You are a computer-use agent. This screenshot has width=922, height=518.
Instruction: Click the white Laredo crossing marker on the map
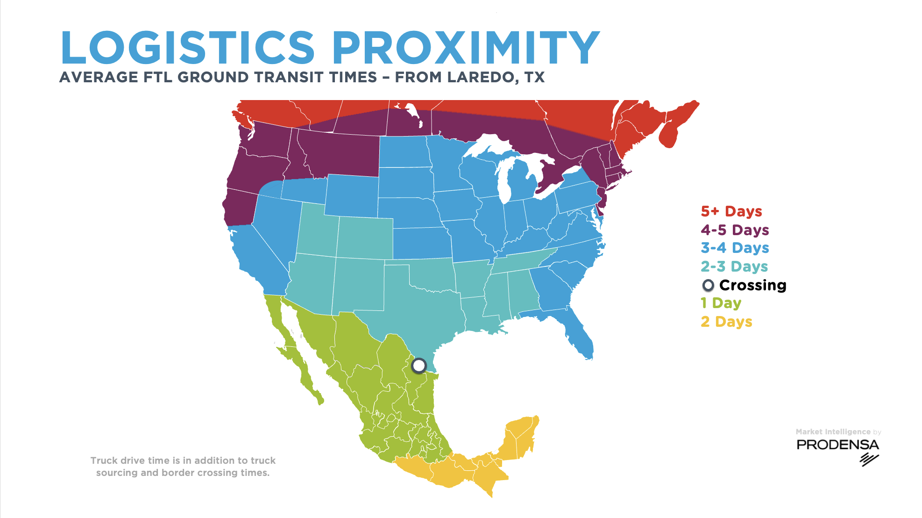419,365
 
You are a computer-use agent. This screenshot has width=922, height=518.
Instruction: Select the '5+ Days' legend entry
731,211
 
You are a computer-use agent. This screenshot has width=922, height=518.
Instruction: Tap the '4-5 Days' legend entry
734,230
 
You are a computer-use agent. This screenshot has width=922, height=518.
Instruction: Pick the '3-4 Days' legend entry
734,248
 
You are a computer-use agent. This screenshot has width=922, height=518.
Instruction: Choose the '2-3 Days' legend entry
734,266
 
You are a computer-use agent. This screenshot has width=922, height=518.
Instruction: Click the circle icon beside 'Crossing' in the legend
708,285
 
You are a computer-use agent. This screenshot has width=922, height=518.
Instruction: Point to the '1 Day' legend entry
721,303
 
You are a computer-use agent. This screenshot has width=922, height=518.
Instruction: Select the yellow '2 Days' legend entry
726,322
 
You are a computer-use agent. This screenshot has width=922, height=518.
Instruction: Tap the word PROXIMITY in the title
465,48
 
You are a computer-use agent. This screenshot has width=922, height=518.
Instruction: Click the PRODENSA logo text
837,445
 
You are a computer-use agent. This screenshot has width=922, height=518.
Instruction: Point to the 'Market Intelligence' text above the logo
833,432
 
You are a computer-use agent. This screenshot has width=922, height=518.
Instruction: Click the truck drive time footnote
183,467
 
